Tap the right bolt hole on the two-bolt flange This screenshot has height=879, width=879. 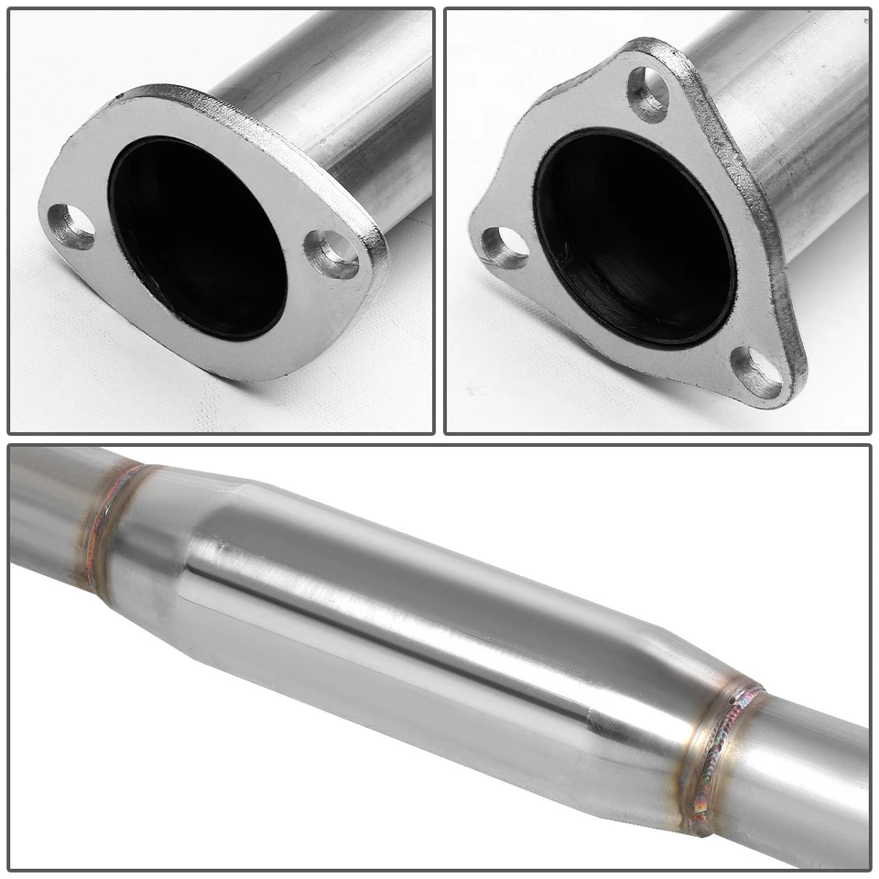pyautogui.click(x=332, y=254)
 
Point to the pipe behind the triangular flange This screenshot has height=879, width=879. pyautogui.click(x=787, y=137)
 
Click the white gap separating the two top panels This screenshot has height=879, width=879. pyautogui.click(x=439, y=220)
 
